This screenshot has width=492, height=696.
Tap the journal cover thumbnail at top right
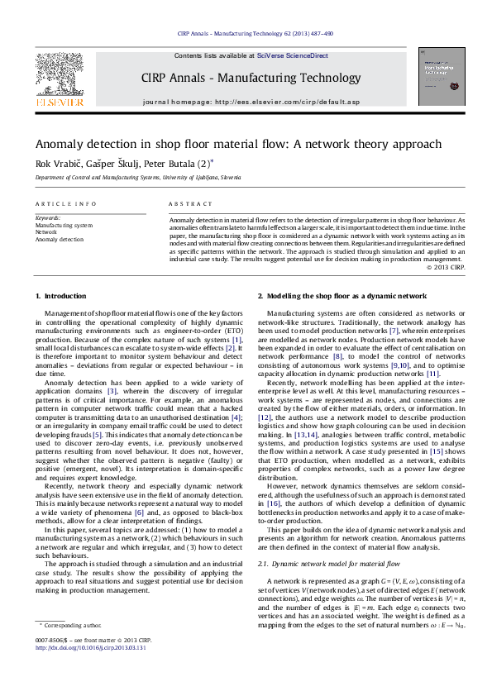pyautogui.click(x=441, y=76)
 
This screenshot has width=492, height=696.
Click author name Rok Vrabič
pyautogui.click(x=56, y=163)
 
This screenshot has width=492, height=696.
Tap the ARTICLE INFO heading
pyautogui.click(x=60, y=203)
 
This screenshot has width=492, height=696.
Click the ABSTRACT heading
pyautogui.click(x=185, y=203)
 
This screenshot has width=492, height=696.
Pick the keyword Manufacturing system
pyautogui.click(x=64, y=225)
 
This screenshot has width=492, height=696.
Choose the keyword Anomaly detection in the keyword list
pyautogui.click(x=60, y=240)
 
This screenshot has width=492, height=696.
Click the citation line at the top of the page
pyautogui.click(x=256, y=34)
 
